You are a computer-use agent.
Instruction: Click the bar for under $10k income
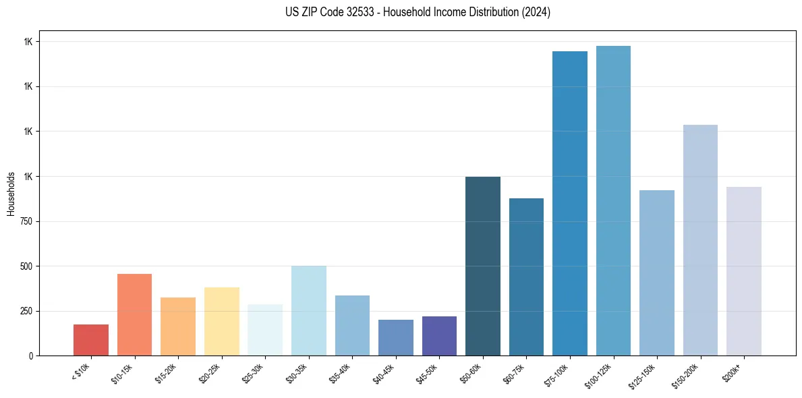(91, 340)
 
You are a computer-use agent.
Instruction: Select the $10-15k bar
(134, 314)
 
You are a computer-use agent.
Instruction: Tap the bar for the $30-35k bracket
(308, 310)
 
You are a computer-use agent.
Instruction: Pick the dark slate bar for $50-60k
(483, 266)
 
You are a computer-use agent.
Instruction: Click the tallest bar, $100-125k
(613, 200)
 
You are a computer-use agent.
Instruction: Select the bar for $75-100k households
(570, 203)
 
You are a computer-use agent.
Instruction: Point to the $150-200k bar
(700, 240)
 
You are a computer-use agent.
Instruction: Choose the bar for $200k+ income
(744, 271)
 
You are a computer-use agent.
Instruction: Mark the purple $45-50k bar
(439, 336)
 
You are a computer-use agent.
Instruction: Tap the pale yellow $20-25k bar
(222, 321)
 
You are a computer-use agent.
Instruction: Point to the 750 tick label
(27, 221)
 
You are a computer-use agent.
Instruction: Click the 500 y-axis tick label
(27, 266)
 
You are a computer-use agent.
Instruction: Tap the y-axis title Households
(11, 194)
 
